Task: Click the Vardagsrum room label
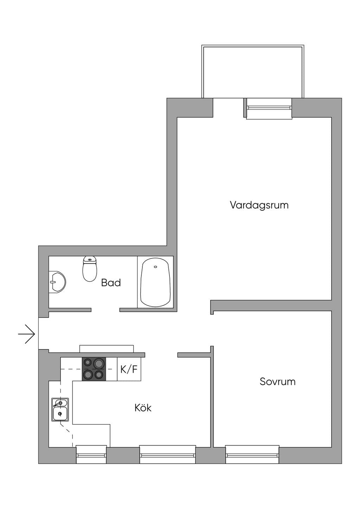[259, 205]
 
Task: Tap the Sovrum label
[277, 381]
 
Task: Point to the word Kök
[143, 408]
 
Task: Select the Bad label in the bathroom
[111, 283]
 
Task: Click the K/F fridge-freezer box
[129, 369]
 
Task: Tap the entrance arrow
[27, 334]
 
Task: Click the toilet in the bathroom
[90, 269]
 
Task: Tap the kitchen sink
[60, 410]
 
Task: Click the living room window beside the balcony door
[269, 108]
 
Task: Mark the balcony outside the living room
[253, 71]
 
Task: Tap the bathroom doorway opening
[105, 310]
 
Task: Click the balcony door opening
[228, 108]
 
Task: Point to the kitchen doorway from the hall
[161, 355]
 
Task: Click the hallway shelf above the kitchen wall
[107, 349]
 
